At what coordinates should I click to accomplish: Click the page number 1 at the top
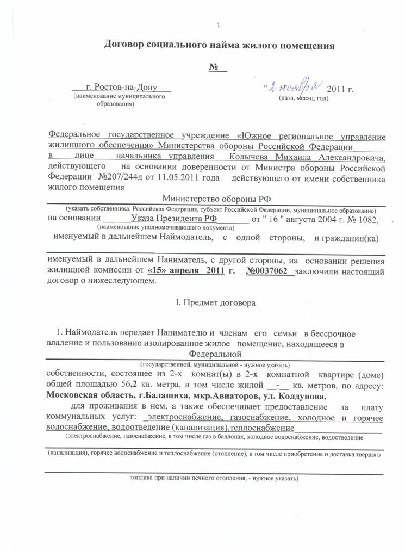217,24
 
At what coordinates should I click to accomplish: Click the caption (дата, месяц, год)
303,98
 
